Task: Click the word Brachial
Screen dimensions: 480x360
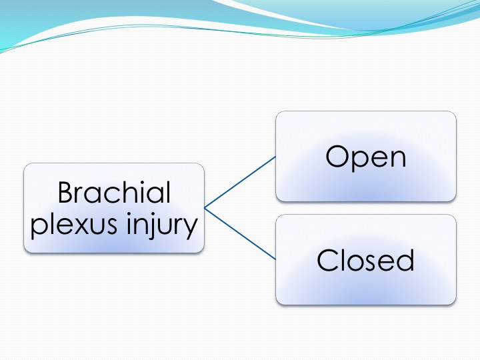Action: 114,192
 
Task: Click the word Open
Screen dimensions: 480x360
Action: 366,157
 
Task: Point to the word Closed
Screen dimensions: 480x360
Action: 366,260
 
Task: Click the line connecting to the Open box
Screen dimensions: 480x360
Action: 240,182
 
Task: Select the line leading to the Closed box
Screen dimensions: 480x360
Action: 240,234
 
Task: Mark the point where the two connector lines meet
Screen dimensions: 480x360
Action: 205,208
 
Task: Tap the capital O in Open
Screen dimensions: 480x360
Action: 337,156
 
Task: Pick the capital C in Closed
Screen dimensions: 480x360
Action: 327,260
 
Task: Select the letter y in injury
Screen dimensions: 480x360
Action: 190,229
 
